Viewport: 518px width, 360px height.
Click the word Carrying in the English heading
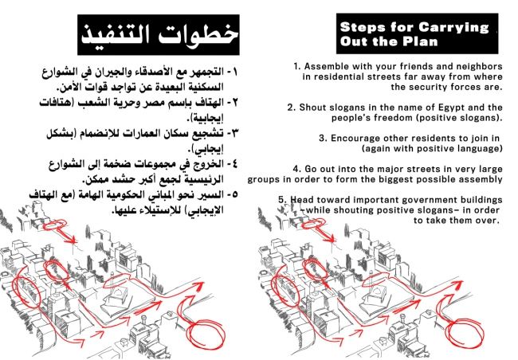point(453,28)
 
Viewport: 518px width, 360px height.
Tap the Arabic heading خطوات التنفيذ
point(159,34)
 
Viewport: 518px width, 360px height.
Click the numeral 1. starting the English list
point(297,66)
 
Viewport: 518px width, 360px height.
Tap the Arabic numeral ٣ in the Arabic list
point(233,133)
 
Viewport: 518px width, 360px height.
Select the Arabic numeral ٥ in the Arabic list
point(233,194)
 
